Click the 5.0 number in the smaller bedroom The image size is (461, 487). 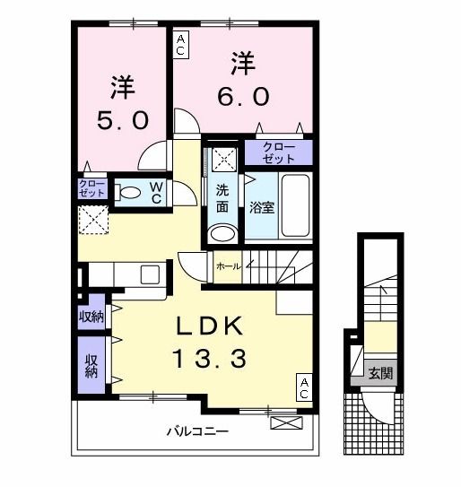[123, 119]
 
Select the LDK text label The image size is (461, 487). [214, 326]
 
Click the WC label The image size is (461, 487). [155, 192]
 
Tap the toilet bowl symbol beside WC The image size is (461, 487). [130, 191]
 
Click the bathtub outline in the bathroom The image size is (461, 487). [295, 205]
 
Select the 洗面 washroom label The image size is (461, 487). [222, 197]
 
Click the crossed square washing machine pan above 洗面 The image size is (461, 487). [223, 161]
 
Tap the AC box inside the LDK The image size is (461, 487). [304, 387]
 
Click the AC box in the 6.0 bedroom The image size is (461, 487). [182, 44]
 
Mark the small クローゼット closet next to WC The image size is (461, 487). [92, 188]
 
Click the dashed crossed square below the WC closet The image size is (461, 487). [92, 220]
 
